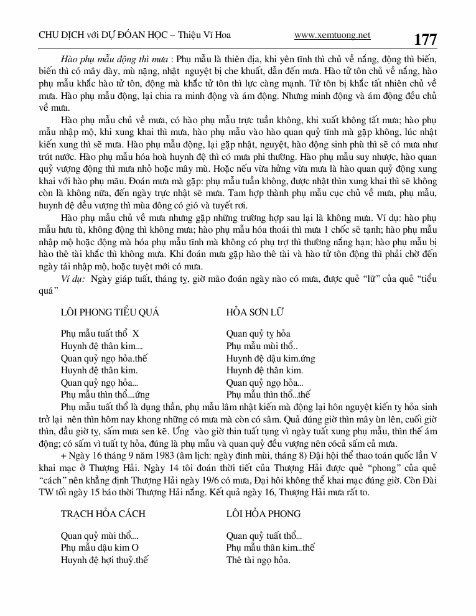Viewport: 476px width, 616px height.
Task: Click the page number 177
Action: (x=425, y=40)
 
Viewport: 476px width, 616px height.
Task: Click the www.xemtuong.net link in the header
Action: (x=332, y=35)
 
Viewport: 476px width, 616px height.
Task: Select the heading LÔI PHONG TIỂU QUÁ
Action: (x=110, y=312)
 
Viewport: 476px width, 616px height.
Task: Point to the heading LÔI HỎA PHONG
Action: (x=263, y=513)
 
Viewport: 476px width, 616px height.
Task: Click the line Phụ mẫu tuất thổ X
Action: (x=100, y=334)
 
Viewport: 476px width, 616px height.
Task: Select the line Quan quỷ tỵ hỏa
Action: (x=258, y=334)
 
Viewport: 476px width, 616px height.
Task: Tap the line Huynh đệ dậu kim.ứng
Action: (x=271, y=358)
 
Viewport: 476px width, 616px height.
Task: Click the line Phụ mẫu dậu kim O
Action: (x=99, y=547)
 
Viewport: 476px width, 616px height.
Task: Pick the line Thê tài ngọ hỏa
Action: (x=258, y=559)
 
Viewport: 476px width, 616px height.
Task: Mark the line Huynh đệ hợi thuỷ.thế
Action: (x=105, y=559)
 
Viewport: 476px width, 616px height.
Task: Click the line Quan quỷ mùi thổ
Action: (x=100, y=535)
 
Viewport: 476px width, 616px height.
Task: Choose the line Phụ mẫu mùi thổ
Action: (x=262, y=346)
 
